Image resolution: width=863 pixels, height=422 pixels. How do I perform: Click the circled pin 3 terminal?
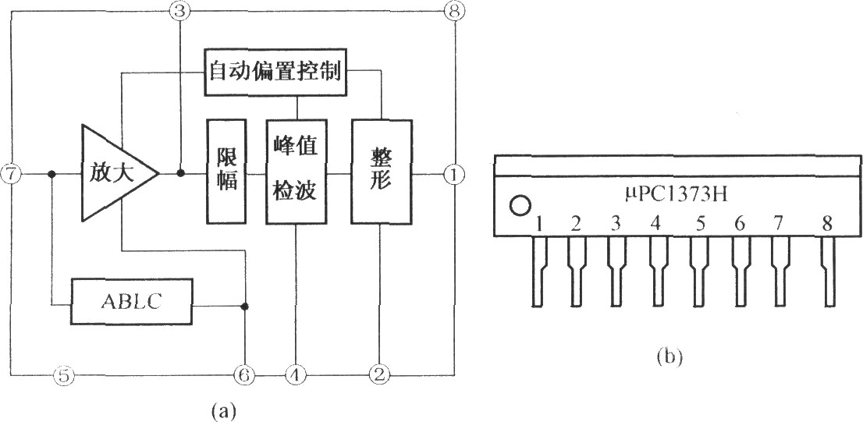(180, 11)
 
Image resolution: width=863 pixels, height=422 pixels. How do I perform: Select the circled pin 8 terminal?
(453, 11)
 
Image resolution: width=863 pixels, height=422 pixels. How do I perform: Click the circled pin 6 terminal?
(244, 375)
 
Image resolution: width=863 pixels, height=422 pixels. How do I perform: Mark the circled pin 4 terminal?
(295, 375)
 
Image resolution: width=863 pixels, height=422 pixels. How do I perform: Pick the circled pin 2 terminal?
(379, 375)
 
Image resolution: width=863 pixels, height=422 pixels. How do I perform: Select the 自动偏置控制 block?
(275, 72)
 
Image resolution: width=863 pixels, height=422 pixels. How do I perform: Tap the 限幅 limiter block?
(226, 171)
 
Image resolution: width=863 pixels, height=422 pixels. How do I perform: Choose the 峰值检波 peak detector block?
(295, 171)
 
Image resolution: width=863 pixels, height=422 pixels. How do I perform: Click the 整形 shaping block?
(380, 171)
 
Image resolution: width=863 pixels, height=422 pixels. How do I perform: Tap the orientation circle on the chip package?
(518, 207)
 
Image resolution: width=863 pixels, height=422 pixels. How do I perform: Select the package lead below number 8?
(827, 270)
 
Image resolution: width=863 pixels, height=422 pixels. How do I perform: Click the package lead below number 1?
(539, 270)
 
